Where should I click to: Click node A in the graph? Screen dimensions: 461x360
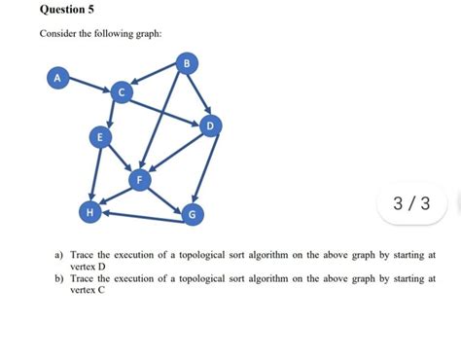[x=58, y=76]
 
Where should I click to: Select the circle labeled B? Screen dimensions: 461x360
[x=188, y=64]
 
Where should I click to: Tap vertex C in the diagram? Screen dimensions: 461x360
[x=121, y=92]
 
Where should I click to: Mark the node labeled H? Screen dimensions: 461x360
[x=89, y=211]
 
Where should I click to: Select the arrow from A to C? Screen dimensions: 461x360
[x=89, y=84]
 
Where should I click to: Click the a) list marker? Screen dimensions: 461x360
[x=58, y=255]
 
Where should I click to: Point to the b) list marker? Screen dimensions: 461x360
[x=58, y=278]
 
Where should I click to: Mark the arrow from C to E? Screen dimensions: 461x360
[x=110, y=114]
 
